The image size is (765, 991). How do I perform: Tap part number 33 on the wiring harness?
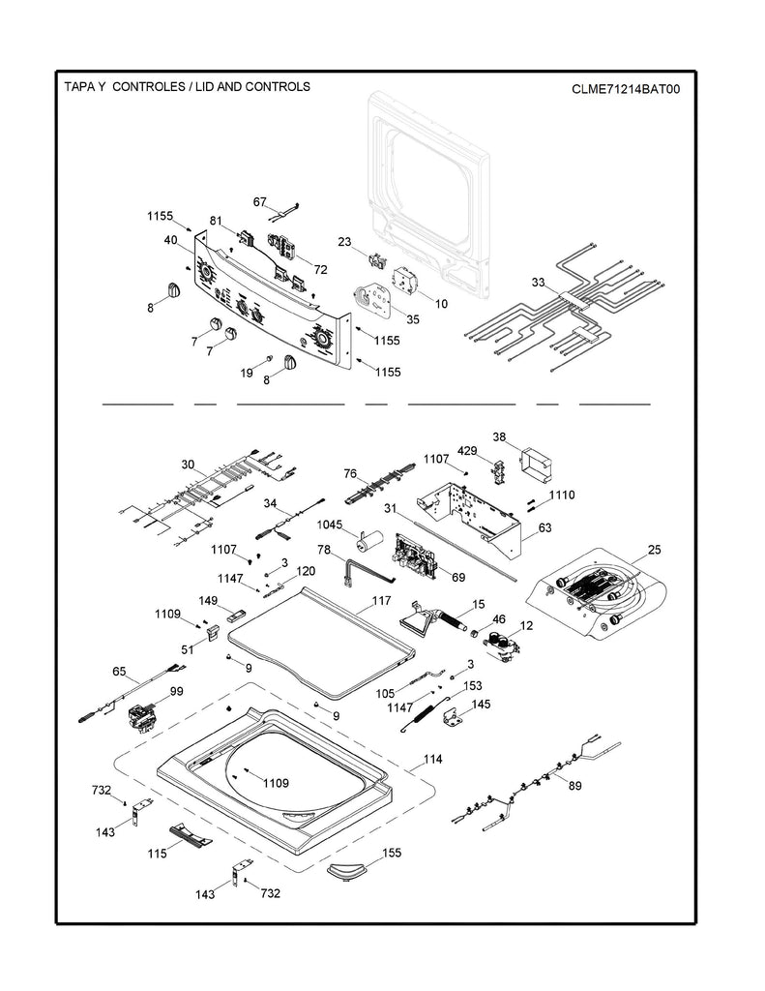coord(539,284)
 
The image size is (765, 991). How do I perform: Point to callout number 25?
coord(654,550)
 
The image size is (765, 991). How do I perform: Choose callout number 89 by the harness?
coord(574,786)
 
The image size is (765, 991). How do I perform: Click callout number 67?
coord(259,201)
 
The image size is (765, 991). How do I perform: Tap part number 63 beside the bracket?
coord(544,527)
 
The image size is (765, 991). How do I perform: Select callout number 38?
coord(499,435)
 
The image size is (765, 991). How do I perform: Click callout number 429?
coord(467,451)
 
